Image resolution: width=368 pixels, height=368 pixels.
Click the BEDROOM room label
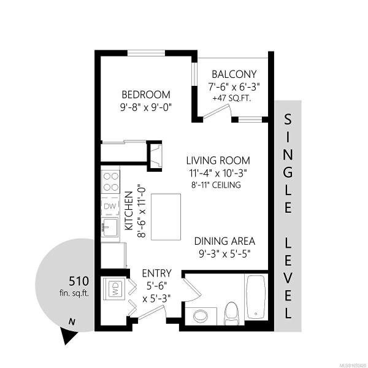click(x=146, y=94)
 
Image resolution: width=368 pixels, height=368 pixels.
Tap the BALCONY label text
click(x=234, y=74)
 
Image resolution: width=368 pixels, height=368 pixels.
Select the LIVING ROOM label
click(x=218, y=161)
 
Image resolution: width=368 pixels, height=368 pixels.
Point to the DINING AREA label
click(x=224, y=241)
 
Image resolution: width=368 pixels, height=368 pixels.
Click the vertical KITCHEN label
click(x=129, y=211)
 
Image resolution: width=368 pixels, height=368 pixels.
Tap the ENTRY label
click(x=157, y=274)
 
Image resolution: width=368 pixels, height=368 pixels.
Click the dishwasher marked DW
click(x=110, y=207)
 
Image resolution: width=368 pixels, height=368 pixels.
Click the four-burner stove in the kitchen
click(x=110, y=182)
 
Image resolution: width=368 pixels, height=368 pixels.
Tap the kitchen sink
click(x=110, y=227)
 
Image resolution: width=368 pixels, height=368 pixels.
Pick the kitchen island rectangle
click(x=166, y=217)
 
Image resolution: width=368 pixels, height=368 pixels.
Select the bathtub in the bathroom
click(x=255, y=296)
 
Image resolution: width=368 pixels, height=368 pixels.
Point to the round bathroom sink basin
click(x=201, y=316)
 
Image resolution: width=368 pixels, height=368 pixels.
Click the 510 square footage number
click(x=79, y=281)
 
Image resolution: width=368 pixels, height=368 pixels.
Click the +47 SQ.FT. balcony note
click(x=232, y=98)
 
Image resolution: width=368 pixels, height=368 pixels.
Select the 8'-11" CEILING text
click(x=216, y=185)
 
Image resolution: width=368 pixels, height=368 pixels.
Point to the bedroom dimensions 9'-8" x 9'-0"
click(x=146, y=108)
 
